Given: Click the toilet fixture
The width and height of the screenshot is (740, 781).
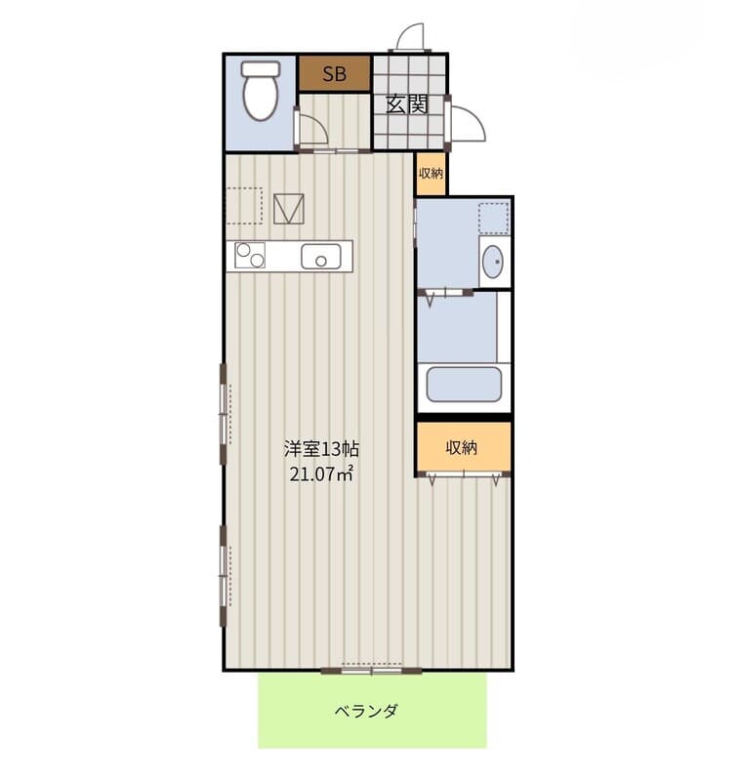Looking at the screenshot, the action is click(260, 90).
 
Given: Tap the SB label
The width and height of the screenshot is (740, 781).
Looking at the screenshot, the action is click(334, 74).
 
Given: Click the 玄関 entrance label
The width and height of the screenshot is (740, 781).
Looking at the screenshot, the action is click(407, 104).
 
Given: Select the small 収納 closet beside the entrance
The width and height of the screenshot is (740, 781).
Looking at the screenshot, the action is click(431, 174).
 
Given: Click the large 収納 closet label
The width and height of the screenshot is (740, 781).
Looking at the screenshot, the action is click(461, 447).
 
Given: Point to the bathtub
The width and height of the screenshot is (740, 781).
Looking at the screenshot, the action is click(463, 384).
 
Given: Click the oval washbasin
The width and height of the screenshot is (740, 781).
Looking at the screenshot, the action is click(493, 262).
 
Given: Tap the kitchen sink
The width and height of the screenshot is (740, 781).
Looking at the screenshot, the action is click(321, 257).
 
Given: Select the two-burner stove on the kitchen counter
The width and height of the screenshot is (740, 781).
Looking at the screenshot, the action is click(250, 255).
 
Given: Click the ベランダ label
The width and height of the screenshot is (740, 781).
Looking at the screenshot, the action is click(366, 711).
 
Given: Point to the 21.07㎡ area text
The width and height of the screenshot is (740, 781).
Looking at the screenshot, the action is click(321, 473).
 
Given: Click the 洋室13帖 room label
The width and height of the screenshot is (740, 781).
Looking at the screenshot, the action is click(321, 449).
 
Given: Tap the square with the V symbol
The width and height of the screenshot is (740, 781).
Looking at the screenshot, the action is click(288, 209).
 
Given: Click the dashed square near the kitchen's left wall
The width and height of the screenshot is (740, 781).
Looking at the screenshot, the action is click(244, 206).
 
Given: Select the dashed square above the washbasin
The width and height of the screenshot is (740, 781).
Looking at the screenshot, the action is click(494, 218).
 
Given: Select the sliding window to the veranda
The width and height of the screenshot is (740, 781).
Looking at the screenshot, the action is click(372, 670).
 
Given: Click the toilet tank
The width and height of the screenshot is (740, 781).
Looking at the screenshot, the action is click(261, 68).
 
